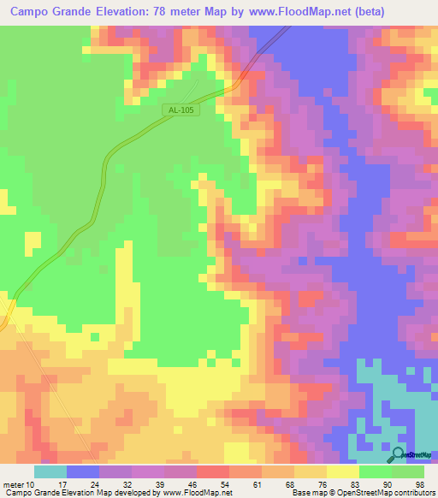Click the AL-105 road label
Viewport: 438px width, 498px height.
pyautogui.click(x=180, y=110)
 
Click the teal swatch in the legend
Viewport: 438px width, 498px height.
pyautogui.click(x=50, y=471)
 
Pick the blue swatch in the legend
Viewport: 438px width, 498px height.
pyautogui.click(x=83, y=471)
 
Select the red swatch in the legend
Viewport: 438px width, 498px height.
pyautogui.click(x=213, y=471)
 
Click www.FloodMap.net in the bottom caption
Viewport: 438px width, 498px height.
pyautogui.click(x=192, y=493)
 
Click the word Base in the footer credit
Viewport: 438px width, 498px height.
pyautogui.click(x=299, y=493)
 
